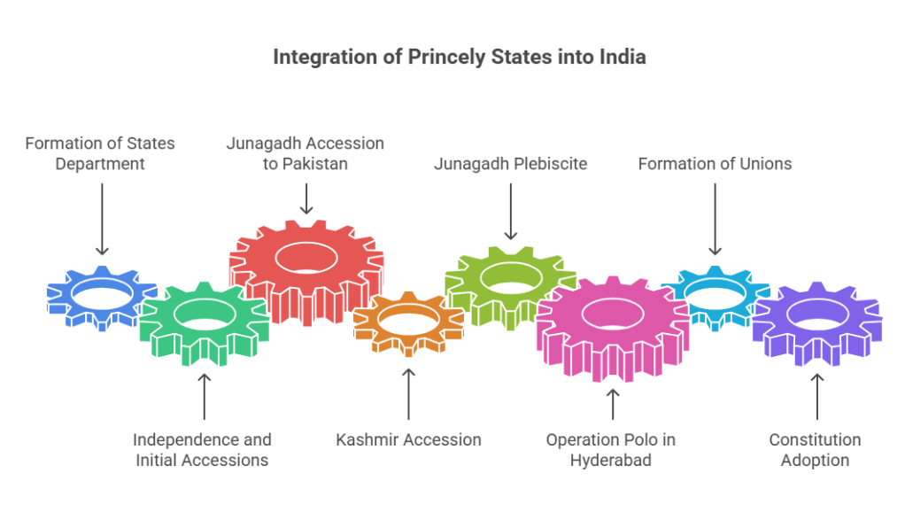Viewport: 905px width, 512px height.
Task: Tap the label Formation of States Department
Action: pyautogui.click(x=99, y=153)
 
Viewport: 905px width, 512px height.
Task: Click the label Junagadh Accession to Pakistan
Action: pyautogui.click(x=306, y=153)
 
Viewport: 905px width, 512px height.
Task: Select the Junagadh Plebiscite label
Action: pyautogui.click(x=511, y=164)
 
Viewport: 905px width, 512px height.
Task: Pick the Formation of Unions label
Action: pyautogui.click(x=715, y=164)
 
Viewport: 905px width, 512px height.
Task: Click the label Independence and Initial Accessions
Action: pyautogui.click(x=203, y=449)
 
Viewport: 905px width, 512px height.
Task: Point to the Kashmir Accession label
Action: pyautogui.click(x=408, y=439)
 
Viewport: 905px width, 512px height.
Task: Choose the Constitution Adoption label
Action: pyautogui.click(x=816, y=449)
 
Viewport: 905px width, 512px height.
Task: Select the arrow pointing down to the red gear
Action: pyautogui.click(x=306, y=197)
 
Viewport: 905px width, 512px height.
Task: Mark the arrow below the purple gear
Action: pyautogui.click(x=816, y=396)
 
